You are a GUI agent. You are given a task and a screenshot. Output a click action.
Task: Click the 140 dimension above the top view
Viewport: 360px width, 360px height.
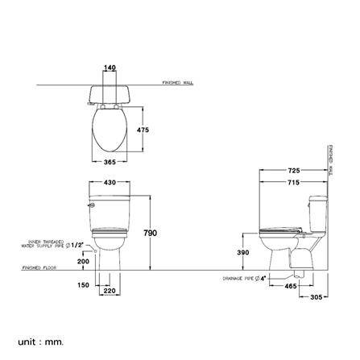coord(110,68)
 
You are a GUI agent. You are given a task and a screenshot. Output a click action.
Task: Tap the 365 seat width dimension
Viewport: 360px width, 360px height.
coord(110,163)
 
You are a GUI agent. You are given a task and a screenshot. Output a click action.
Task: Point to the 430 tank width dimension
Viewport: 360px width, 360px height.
coord(110,184)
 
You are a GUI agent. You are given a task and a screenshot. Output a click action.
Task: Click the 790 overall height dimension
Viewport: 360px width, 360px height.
coord(151,233)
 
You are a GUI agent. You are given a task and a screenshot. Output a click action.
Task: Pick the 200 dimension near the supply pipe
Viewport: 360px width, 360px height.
coord(83,262)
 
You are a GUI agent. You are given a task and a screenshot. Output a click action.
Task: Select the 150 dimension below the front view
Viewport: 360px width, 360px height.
coord(83,285)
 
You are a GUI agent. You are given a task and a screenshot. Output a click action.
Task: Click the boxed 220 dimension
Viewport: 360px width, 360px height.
coord(110,291)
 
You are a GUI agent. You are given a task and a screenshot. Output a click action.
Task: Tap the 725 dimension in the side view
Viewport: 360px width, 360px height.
coord(294,172)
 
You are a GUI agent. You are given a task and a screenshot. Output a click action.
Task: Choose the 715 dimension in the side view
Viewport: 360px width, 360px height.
coord(294,182)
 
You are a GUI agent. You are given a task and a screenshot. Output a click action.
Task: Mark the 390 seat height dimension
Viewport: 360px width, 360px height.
coord(243,252)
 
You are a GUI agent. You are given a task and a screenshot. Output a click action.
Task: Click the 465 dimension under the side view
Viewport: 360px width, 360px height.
coord(291,285)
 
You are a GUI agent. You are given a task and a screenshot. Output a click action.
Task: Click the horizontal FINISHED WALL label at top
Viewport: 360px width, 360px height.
coord(177,82)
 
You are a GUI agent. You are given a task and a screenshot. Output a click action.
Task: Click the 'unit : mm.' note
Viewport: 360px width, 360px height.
coord(40,342)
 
